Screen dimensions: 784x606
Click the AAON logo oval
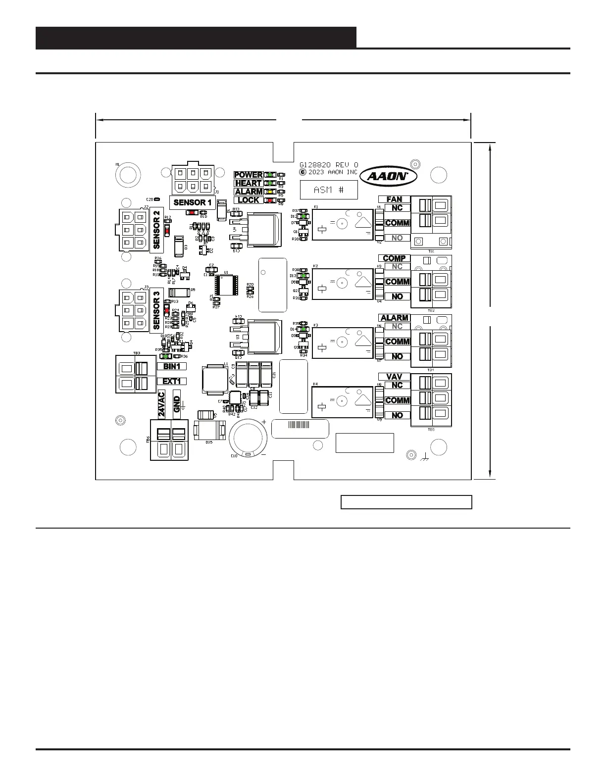pyautogui.click(x=388, y=176)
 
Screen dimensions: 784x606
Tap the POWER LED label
pyautogui.click(x=249, y=175)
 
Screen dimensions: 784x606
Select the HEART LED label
pyautogui.click(x=249, y=183)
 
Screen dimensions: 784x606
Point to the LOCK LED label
pyautogui.click(x=249, y=200)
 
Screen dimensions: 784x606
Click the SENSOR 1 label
pyautogui.click(x=193, y=202)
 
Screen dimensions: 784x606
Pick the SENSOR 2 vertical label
pyautogui.click(x=157, y=229)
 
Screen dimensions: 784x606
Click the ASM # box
pyautogui.click(x=329, y=190)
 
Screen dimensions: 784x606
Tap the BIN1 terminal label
pyautogui.click(x=175, y=366)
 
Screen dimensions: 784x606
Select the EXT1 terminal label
pyautogui.click(x=175, y=381)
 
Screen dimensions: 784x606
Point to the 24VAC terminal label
pyautogui.click(x=161, y=404)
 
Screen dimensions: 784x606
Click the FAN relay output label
pyautogui.click(x=394, y=199)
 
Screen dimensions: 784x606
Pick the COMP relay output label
pyautogui.click(x=394, y=258)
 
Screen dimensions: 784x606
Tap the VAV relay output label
pyautogui.click(x=394, y=377)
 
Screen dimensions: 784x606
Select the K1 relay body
pyautogui.click(x=342, y=224)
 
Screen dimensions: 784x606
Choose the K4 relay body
pyautogui.click(x=342, y=402)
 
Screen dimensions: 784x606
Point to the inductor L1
pyautogui.click(x=212, y=380)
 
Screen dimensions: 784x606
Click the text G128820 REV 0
pyautogui.click(x=329, y=165)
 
